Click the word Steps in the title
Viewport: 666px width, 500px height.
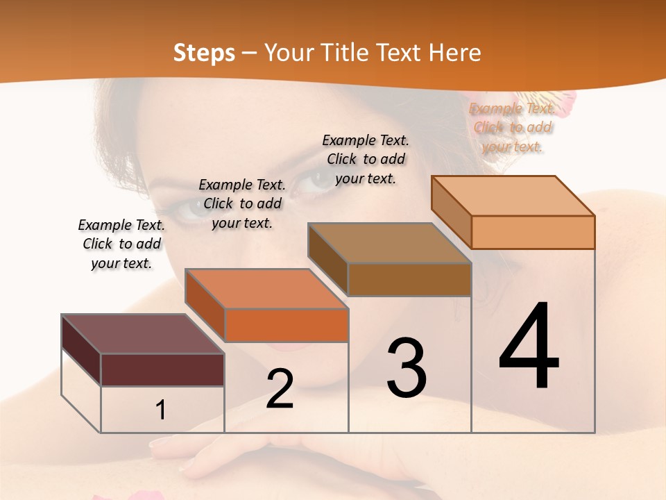(204, 53)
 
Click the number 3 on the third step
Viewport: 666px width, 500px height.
(407, 367)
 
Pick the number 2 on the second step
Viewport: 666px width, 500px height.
(280, 389)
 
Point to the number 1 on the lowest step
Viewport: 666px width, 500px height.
(161, 410)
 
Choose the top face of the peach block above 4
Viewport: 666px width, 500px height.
(513, 196)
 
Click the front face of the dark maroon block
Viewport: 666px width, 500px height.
(162, 369)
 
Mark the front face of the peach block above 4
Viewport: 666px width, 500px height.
(533, 232)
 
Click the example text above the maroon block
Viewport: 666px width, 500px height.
(121, 244)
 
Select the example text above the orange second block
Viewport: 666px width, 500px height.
(242, 203)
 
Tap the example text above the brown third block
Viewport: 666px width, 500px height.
(366, 159)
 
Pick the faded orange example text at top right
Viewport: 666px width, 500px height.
(512, 127)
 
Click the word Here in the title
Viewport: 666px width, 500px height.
(455, 53)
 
